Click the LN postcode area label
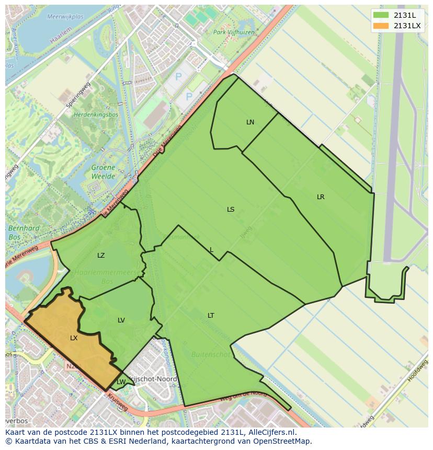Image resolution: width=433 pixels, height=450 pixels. (250, 122)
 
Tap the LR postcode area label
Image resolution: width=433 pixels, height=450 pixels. (321, 197)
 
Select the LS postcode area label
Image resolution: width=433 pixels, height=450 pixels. (231, 210)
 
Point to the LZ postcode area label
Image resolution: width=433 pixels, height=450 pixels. (101, 256)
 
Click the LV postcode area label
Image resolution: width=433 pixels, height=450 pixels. (121, 320)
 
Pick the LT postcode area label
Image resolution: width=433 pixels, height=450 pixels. (211, 315)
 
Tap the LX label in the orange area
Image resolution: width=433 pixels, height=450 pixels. (74, 338)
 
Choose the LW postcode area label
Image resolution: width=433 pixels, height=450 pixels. (121, 382)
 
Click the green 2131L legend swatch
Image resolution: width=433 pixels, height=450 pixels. (381, 15)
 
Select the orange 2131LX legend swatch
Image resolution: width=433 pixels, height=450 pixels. (381, 26)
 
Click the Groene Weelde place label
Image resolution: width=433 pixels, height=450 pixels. (103, 172)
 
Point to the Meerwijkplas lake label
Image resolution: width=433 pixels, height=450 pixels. (65, 17)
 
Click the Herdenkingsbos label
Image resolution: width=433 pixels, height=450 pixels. (96, 114)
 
